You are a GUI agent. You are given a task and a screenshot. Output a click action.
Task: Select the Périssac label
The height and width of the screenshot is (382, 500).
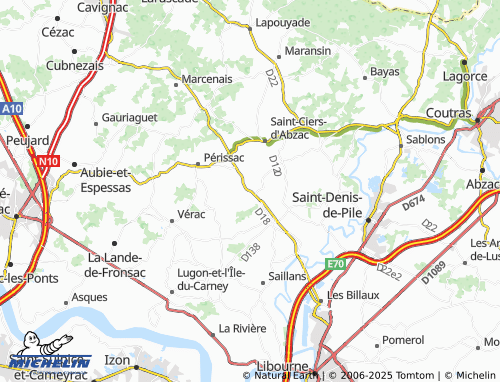[x=223, y=158]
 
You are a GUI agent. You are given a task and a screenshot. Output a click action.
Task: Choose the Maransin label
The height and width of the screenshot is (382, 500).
[x=307, y=50]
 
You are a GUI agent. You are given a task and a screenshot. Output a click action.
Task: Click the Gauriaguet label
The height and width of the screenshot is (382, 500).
[x=130, y=117]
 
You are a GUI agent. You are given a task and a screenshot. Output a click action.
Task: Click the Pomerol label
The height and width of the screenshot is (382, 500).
[x=404, y=340]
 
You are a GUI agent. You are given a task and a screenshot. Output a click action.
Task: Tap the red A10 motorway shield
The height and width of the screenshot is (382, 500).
[x=11, y=108]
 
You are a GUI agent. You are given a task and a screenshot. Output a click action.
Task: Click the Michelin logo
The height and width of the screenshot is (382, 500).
[x=48, y=360]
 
